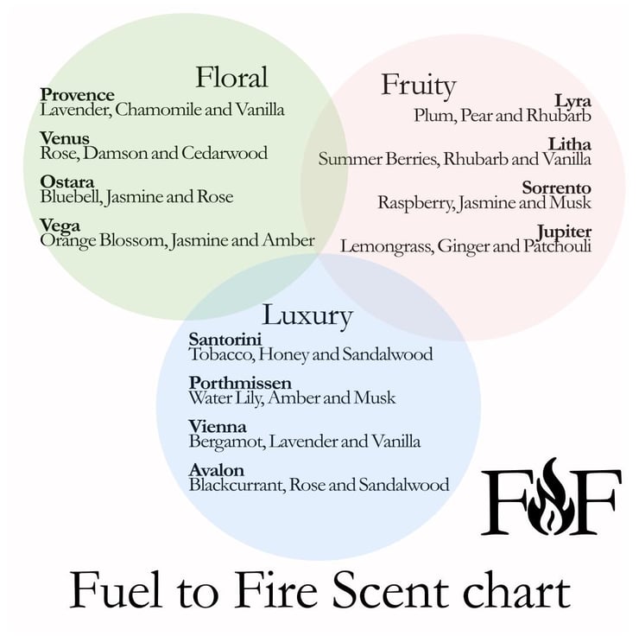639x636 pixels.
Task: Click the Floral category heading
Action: click(x=232, y=77)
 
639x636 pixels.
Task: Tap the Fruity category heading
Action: click(x=418, y=86)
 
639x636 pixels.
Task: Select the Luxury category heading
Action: click(x=307, y=316)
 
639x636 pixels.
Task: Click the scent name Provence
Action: click(x=77, y=95)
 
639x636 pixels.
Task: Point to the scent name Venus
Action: click(x=65, y=138)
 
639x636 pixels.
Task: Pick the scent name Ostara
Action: click(x=66, y=181)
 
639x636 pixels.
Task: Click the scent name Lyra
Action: click(x=573, y=101)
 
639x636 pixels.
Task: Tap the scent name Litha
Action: click(x=569, y=144)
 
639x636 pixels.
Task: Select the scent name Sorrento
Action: click(x=556, y=188)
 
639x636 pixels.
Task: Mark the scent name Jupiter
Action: click(x=564, y=232)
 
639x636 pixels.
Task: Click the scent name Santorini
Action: click(x=225, y=340)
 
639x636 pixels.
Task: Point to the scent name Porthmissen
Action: click(x=240, y=383)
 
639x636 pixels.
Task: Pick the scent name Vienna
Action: click(x=218, y=426)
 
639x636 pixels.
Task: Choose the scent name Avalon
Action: click(x=217, y=470)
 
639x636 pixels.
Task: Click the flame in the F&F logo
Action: click(x=550, y=495)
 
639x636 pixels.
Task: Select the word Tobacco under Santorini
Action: click(x=222, y=354)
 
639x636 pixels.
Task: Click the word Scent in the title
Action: click(x=390, y=591)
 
